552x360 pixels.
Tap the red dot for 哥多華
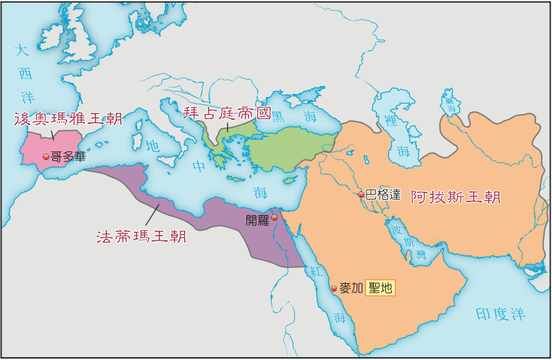[46, 156]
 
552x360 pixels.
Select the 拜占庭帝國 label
[225, 113]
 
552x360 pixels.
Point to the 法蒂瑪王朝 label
[141, 237]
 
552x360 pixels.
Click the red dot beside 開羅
[275, 217]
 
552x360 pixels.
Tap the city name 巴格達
[383, 194]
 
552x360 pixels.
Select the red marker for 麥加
[334, 288]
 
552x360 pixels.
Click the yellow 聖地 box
[381, 288]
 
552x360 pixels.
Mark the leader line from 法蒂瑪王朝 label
[153, 214]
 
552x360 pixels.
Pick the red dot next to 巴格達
[361, 194]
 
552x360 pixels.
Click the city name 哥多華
[67, 156]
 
